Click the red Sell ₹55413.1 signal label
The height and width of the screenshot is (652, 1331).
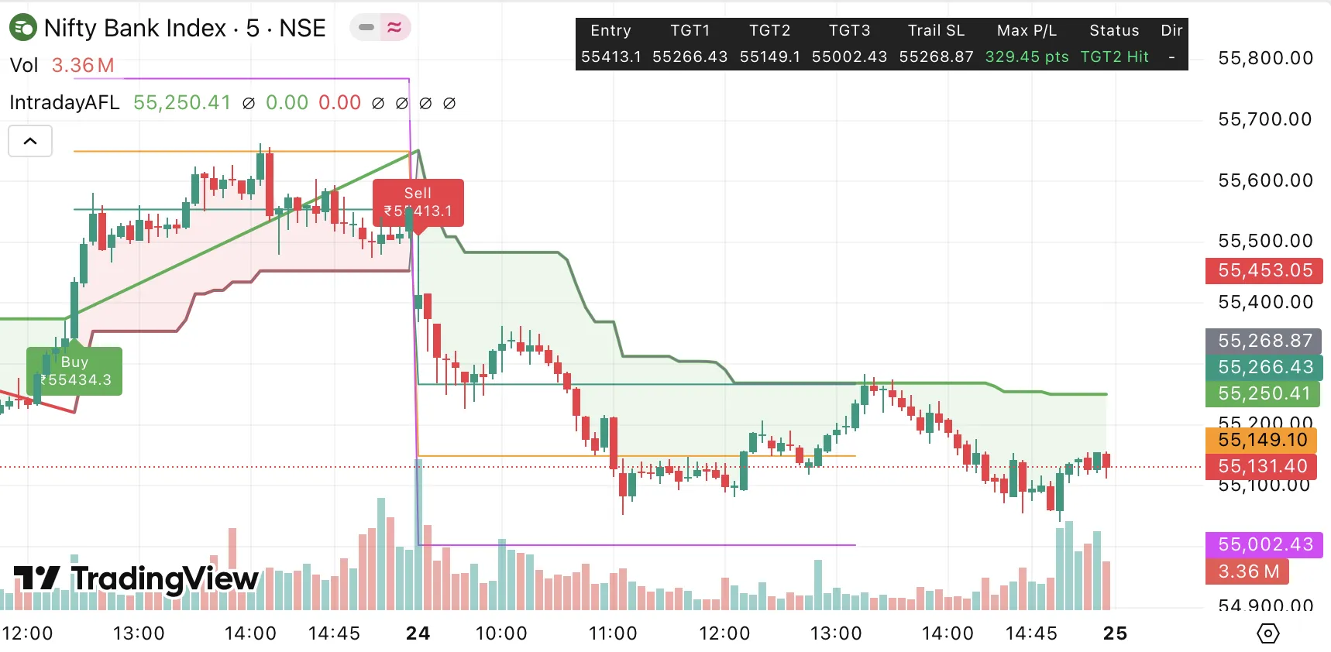pos(418,203)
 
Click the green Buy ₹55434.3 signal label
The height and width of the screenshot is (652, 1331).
pos(74,371)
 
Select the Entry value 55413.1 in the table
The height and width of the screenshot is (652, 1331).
pos(610,57)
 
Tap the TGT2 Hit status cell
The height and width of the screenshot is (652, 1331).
pos(1114,57)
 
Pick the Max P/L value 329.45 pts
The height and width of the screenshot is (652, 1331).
pos(1027,57)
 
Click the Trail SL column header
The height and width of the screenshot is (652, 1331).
pos(936,30)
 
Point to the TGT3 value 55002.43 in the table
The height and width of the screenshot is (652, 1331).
pos(849,57)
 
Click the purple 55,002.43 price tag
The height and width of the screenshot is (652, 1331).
pos(1264,544)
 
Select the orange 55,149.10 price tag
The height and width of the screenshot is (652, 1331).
pos(1262,440)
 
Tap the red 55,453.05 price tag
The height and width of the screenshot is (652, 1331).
pos(1264,270)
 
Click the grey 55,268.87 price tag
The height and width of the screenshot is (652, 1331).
pos(1264,341)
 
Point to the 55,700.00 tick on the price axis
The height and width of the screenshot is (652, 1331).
pos(1264,119)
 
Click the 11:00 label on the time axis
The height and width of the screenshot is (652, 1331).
pos(612,633)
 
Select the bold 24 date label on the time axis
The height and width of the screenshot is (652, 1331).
pos(418,633)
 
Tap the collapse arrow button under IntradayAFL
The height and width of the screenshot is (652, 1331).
pos(30,141)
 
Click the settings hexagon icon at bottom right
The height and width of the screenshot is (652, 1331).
pos(1267,633)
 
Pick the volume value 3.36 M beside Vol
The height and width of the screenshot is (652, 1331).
pos(83,65)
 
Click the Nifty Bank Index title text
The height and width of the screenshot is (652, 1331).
pos(135,28)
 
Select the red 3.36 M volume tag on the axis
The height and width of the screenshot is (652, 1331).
pos(1248,571)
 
